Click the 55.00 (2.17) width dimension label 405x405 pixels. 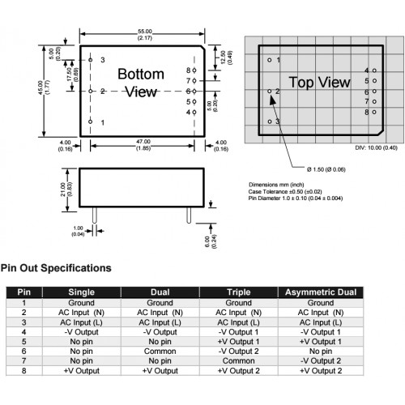145,35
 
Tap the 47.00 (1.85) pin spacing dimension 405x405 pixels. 143,145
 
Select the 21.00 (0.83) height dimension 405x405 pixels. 66,190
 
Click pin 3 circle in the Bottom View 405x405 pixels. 91,60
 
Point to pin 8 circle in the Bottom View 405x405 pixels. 194,70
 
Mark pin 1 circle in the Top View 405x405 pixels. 270,60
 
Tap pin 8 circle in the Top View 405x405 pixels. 374,112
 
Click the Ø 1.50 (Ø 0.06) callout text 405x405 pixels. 326,169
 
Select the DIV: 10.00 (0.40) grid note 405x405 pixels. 376,147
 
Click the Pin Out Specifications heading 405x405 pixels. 56,268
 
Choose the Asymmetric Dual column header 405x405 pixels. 321,292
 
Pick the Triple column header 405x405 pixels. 239,292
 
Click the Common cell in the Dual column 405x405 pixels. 160,352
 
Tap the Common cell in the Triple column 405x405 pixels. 239,361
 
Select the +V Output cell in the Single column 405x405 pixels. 82,371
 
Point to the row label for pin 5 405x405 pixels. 24,342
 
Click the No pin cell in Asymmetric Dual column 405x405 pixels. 321,352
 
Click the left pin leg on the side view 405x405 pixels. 94,215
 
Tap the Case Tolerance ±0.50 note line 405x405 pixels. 285,192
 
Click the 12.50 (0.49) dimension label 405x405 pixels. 226,58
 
